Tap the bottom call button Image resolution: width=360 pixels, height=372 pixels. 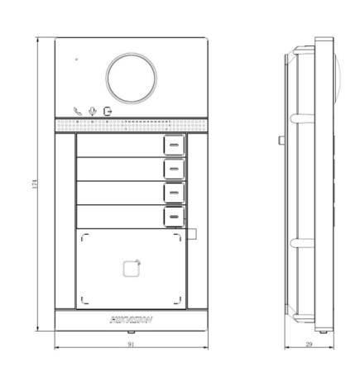173,216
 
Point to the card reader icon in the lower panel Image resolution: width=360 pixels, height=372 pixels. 131,267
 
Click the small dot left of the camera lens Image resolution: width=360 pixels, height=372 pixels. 76,59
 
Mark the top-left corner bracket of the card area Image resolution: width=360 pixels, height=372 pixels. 84,237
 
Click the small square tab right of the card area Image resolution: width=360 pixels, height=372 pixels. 192,235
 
